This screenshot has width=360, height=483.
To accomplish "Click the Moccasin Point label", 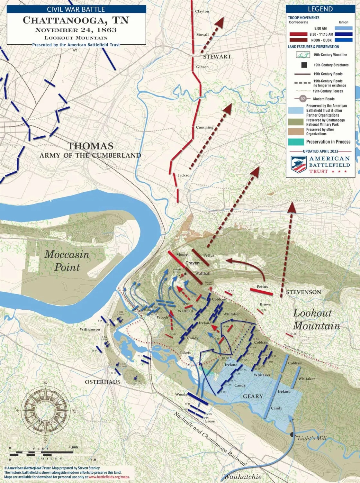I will (67, 260).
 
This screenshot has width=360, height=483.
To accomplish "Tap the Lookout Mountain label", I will (316, 319).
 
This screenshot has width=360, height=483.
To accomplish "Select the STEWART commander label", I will (217, 57).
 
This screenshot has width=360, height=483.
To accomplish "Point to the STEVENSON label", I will (303, 292).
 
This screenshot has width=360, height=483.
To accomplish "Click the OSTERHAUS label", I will (103, 382).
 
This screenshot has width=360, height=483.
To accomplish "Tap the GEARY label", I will (253, 396).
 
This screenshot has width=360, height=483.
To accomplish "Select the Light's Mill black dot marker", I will (292, 435).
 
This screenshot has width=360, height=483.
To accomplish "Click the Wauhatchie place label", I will (242, 477).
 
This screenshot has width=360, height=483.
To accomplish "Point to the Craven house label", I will (192, 263).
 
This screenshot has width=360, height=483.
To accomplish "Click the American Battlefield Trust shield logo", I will (298, 165).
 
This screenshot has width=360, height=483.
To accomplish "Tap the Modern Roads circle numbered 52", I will (303, 99).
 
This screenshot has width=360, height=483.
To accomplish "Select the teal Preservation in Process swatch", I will (296, 142).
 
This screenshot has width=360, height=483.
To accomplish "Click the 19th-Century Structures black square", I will (304, 65).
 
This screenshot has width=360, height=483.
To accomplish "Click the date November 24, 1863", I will (76, 30).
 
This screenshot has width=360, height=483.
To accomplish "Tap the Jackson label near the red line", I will (184, 175).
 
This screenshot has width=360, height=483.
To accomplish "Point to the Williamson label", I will (90, 329).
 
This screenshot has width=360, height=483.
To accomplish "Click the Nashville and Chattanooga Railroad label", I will (210, 439).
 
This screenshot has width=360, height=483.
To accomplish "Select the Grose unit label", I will (210, 421).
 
